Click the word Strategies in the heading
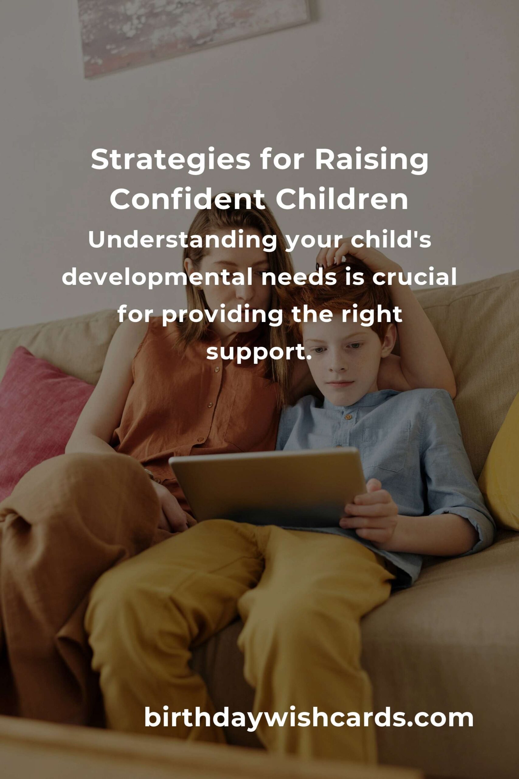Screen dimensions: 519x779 pos(171,161)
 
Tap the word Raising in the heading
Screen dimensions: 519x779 pos(371,161)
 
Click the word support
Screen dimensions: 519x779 pos(259,353)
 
